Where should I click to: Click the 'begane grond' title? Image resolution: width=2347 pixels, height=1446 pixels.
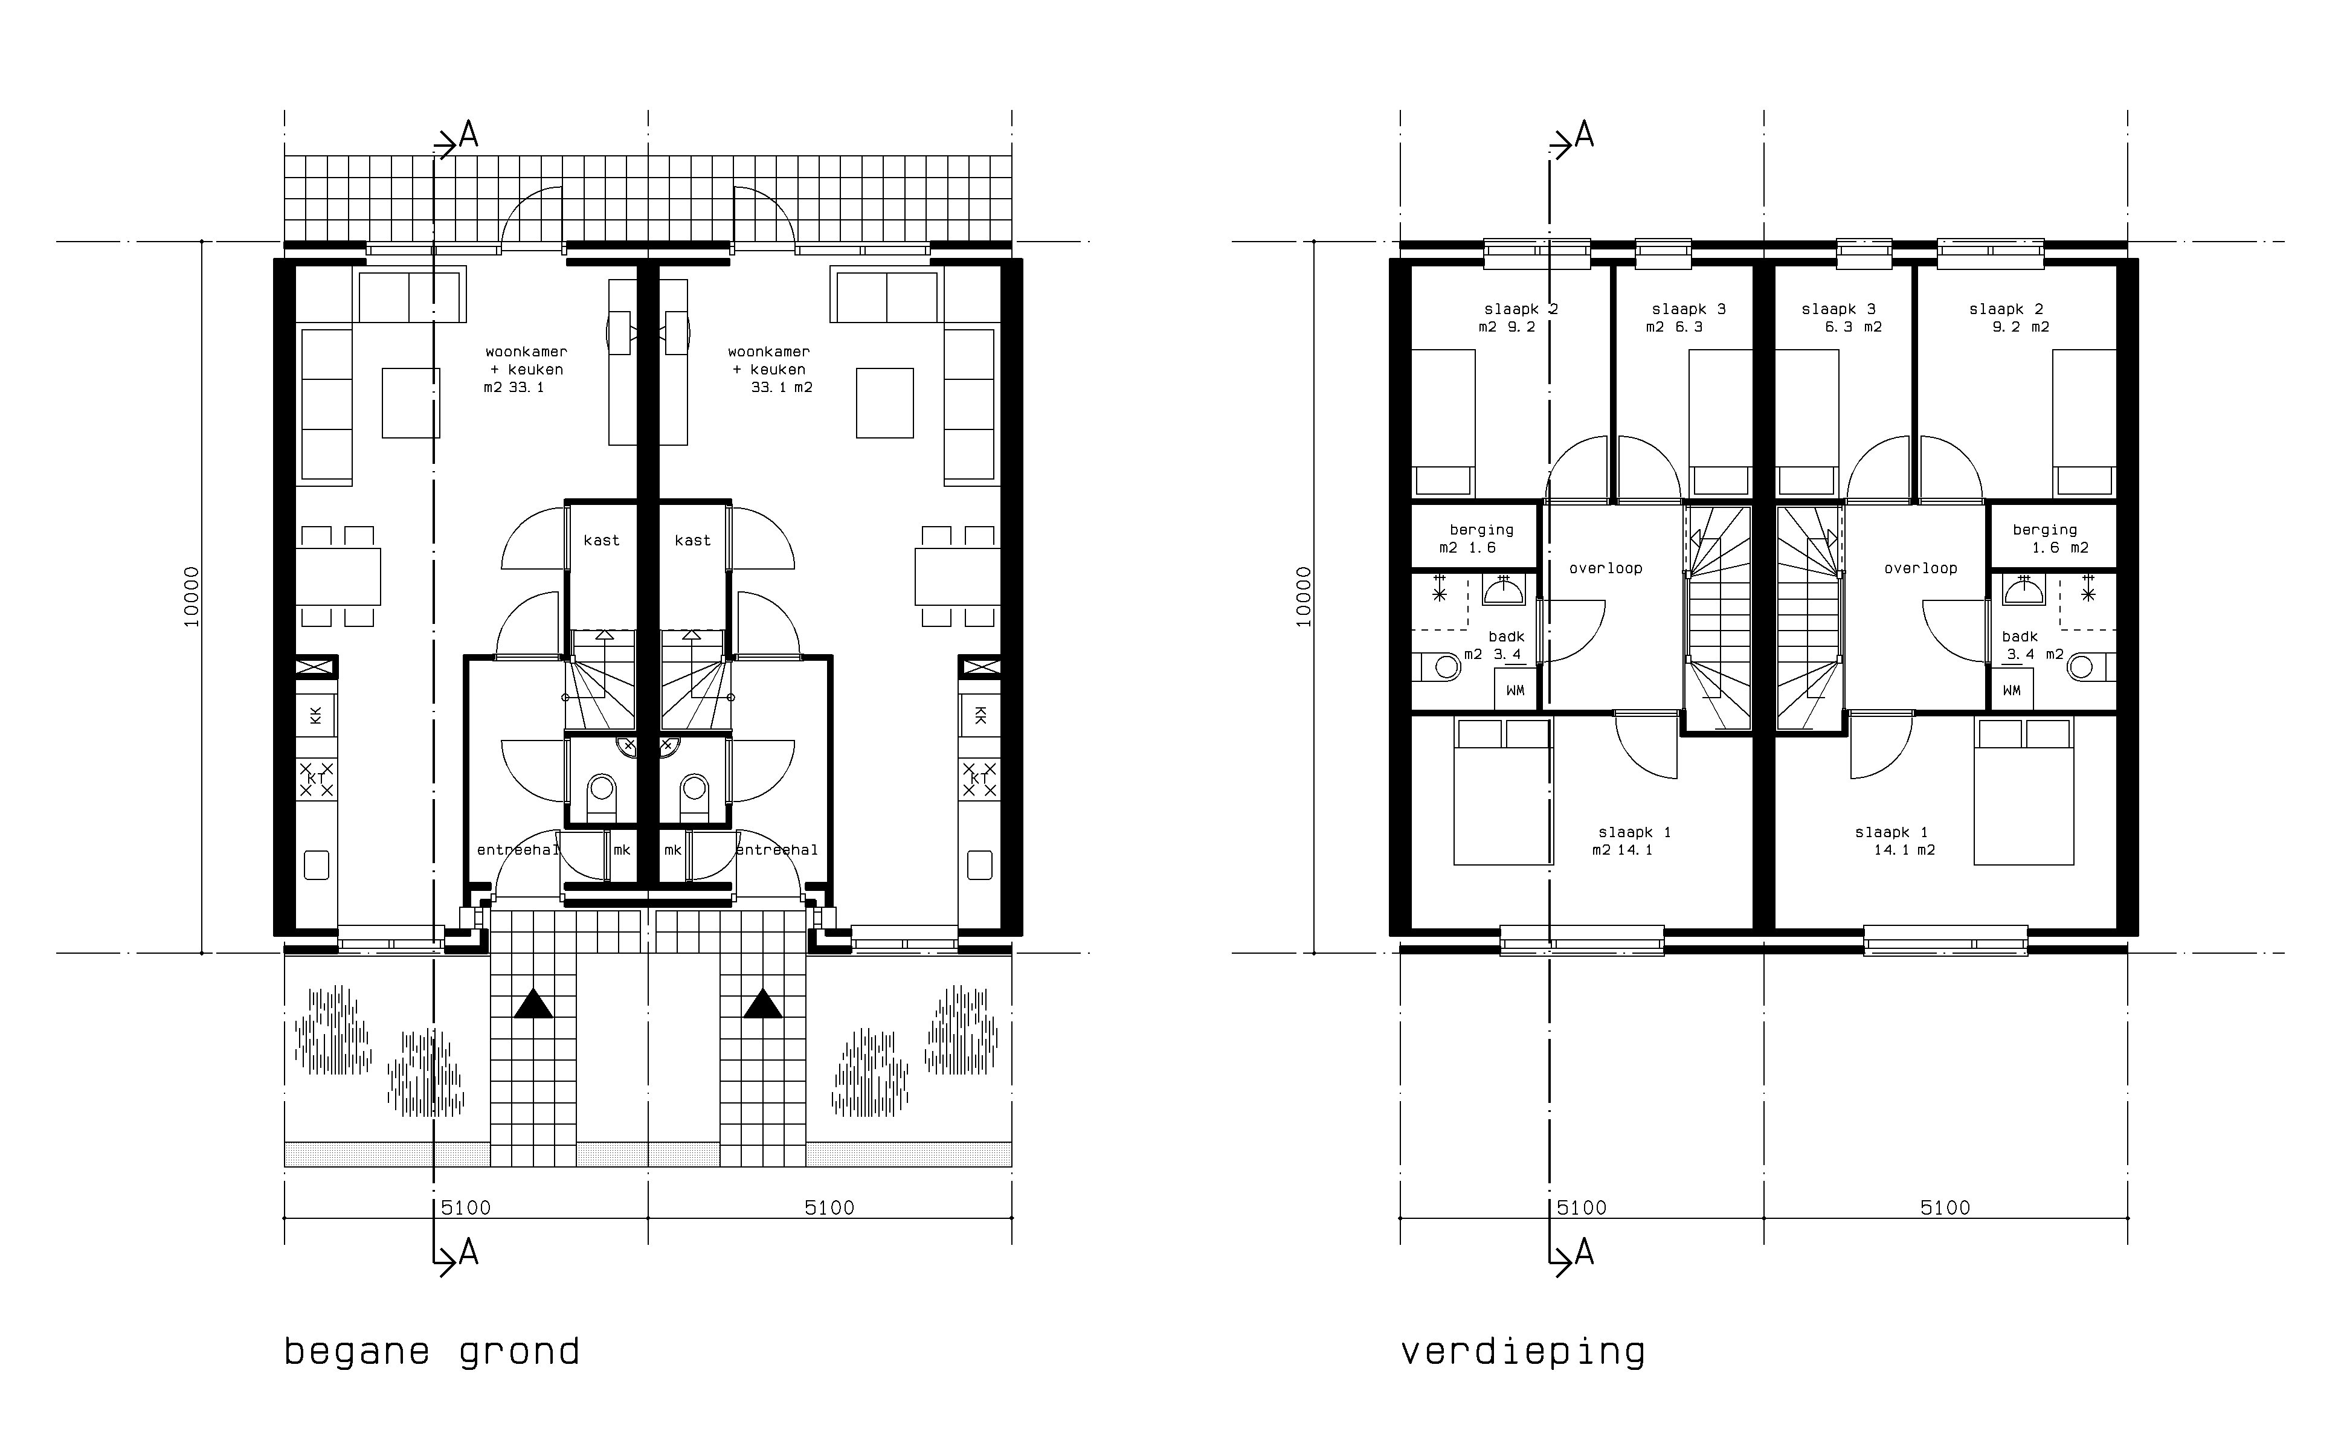[x=431, y=1352]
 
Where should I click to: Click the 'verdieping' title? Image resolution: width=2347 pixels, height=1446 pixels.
[x=1522, y=1352]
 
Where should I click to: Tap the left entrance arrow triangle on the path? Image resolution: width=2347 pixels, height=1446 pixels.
[x=533, y=1005]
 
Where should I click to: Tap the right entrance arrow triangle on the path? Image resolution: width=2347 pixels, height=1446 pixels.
[x=763, y=1005]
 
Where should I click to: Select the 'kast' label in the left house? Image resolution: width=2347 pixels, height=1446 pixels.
[x=602, y=541]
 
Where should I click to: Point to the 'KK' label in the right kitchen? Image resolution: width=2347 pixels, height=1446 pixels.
[x=979, y=715]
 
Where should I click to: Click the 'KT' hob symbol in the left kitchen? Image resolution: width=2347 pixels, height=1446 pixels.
[x=317, y=779]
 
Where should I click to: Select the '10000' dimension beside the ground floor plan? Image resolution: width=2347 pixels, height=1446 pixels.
[x=192, y=597]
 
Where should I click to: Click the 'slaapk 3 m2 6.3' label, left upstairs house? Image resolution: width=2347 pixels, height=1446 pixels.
[x=1687, y=318]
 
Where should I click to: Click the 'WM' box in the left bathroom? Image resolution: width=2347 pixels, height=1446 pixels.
[x=1516, y=690]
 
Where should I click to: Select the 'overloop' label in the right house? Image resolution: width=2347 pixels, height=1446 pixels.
[x=1920, y=568]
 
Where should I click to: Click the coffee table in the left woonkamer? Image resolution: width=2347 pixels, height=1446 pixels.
[x=411, y=403]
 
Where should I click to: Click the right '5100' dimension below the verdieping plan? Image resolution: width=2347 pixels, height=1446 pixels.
[x=1945, y=1208]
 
